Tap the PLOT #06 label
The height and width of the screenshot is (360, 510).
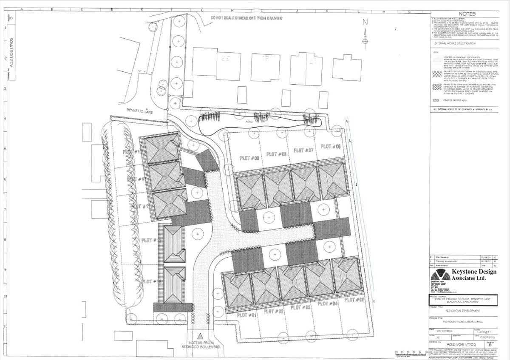coord(331,146)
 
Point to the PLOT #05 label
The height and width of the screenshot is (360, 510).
coord(355,300)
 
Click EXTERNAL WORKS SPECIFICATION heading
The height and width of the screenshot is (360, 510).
coord(454,43)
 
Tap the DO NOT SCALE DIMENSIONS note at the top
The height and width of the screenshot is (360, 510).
coord(246,18)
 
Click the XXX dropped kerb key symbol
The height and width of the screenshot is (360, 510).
coord(436,100)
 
